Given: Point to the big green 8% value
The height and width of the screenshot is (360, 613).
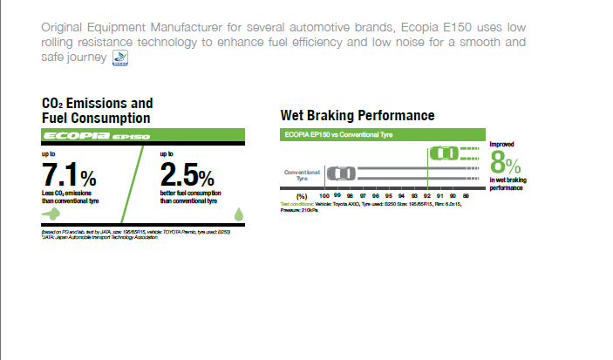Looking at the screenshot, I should pyautogui.click(x=507, y=163).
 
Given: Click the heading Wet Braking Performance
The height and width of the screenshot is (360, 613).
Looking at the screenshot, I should pyautogui.click(x=358, y=115).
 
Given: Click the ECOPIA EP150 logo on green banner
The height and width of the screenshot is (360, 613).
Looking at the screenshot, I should pyautogui.click(x=97, y=136).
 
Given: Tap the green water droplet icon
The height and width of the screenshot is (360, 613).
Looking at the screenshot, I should pyautogui.click(x=240, y=213).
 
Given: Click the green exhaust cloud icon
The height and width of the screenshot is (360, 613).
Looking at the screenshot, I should pyautogui.click(x=51, y=213).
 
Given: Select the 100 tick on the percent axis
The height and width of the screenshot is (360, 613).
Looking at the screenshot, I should pyautogui.click(x=324, y=196).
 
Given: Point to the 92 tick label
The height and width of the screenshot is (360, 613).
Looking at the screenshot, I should pyautogui.click(x=427, y=196).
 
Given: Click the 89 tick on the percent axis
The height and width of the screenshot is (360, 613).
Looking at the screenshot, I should pyautogui.click(x=466, y=196).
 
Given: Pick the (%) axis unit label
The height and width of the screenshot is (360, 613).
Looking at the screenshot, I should pyautogui.click(x=302, y=196).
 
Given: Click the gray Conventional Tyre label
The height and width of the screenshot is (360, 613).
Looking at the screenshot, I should pyautogui.click(x=303, y=174).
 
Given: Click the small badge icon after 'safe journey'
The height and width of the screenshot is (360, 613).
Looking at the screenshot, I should pyautogui.click(x=120, y=58).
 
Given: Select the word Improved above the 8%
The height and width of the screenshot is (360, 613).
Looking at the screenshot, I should pyautogui.click(x=502, y=144).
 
